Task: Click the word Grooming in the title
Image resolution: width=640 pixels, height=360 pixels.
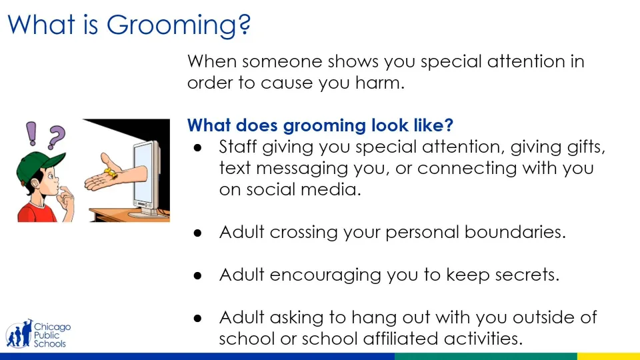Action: pos(179,25)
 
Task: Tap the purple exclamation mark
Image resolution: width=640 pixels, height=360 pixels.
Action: pos(31,133)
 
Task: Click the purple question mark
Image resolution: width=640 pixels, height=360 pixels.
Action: pos(56,137)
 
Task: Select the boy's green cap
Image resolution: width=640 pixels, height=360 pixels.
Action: pos(39,165)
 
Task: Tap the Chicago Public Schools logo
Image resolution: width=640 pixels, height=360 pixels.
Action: pos(38,334)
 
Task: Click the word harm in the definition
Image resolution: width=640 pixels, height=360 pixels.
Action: pos(379,83)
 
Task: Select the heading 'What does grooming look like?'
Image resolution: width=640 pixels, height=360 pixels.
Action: pos(320,125)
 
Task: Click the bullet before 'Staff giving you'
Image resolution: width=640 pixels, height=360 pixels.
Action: pos(198,148)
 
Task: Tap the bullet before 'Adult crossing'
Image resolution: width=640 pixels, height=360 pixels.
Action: pos(198,233)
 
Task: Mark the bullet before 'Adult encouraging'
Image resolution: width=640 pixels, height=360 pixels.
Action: pos(198,276)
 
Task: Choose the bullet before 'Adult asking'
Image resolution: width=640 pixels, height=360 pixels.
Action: pos(198,319)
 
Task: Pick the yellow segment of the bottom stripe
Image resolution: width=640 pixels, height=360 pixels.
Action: pos(608,356)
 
